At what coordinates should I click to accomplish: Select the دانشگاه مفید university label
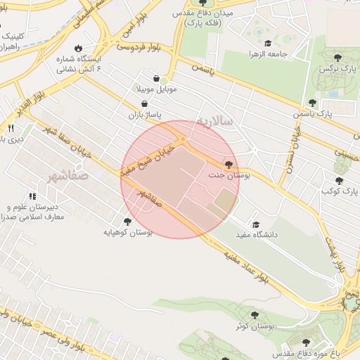(256, 234)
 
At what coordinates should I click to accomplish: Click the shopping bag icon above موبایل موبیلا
(155, 79)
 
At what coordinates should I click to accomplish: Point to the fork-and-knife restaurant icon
(11, 128)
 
